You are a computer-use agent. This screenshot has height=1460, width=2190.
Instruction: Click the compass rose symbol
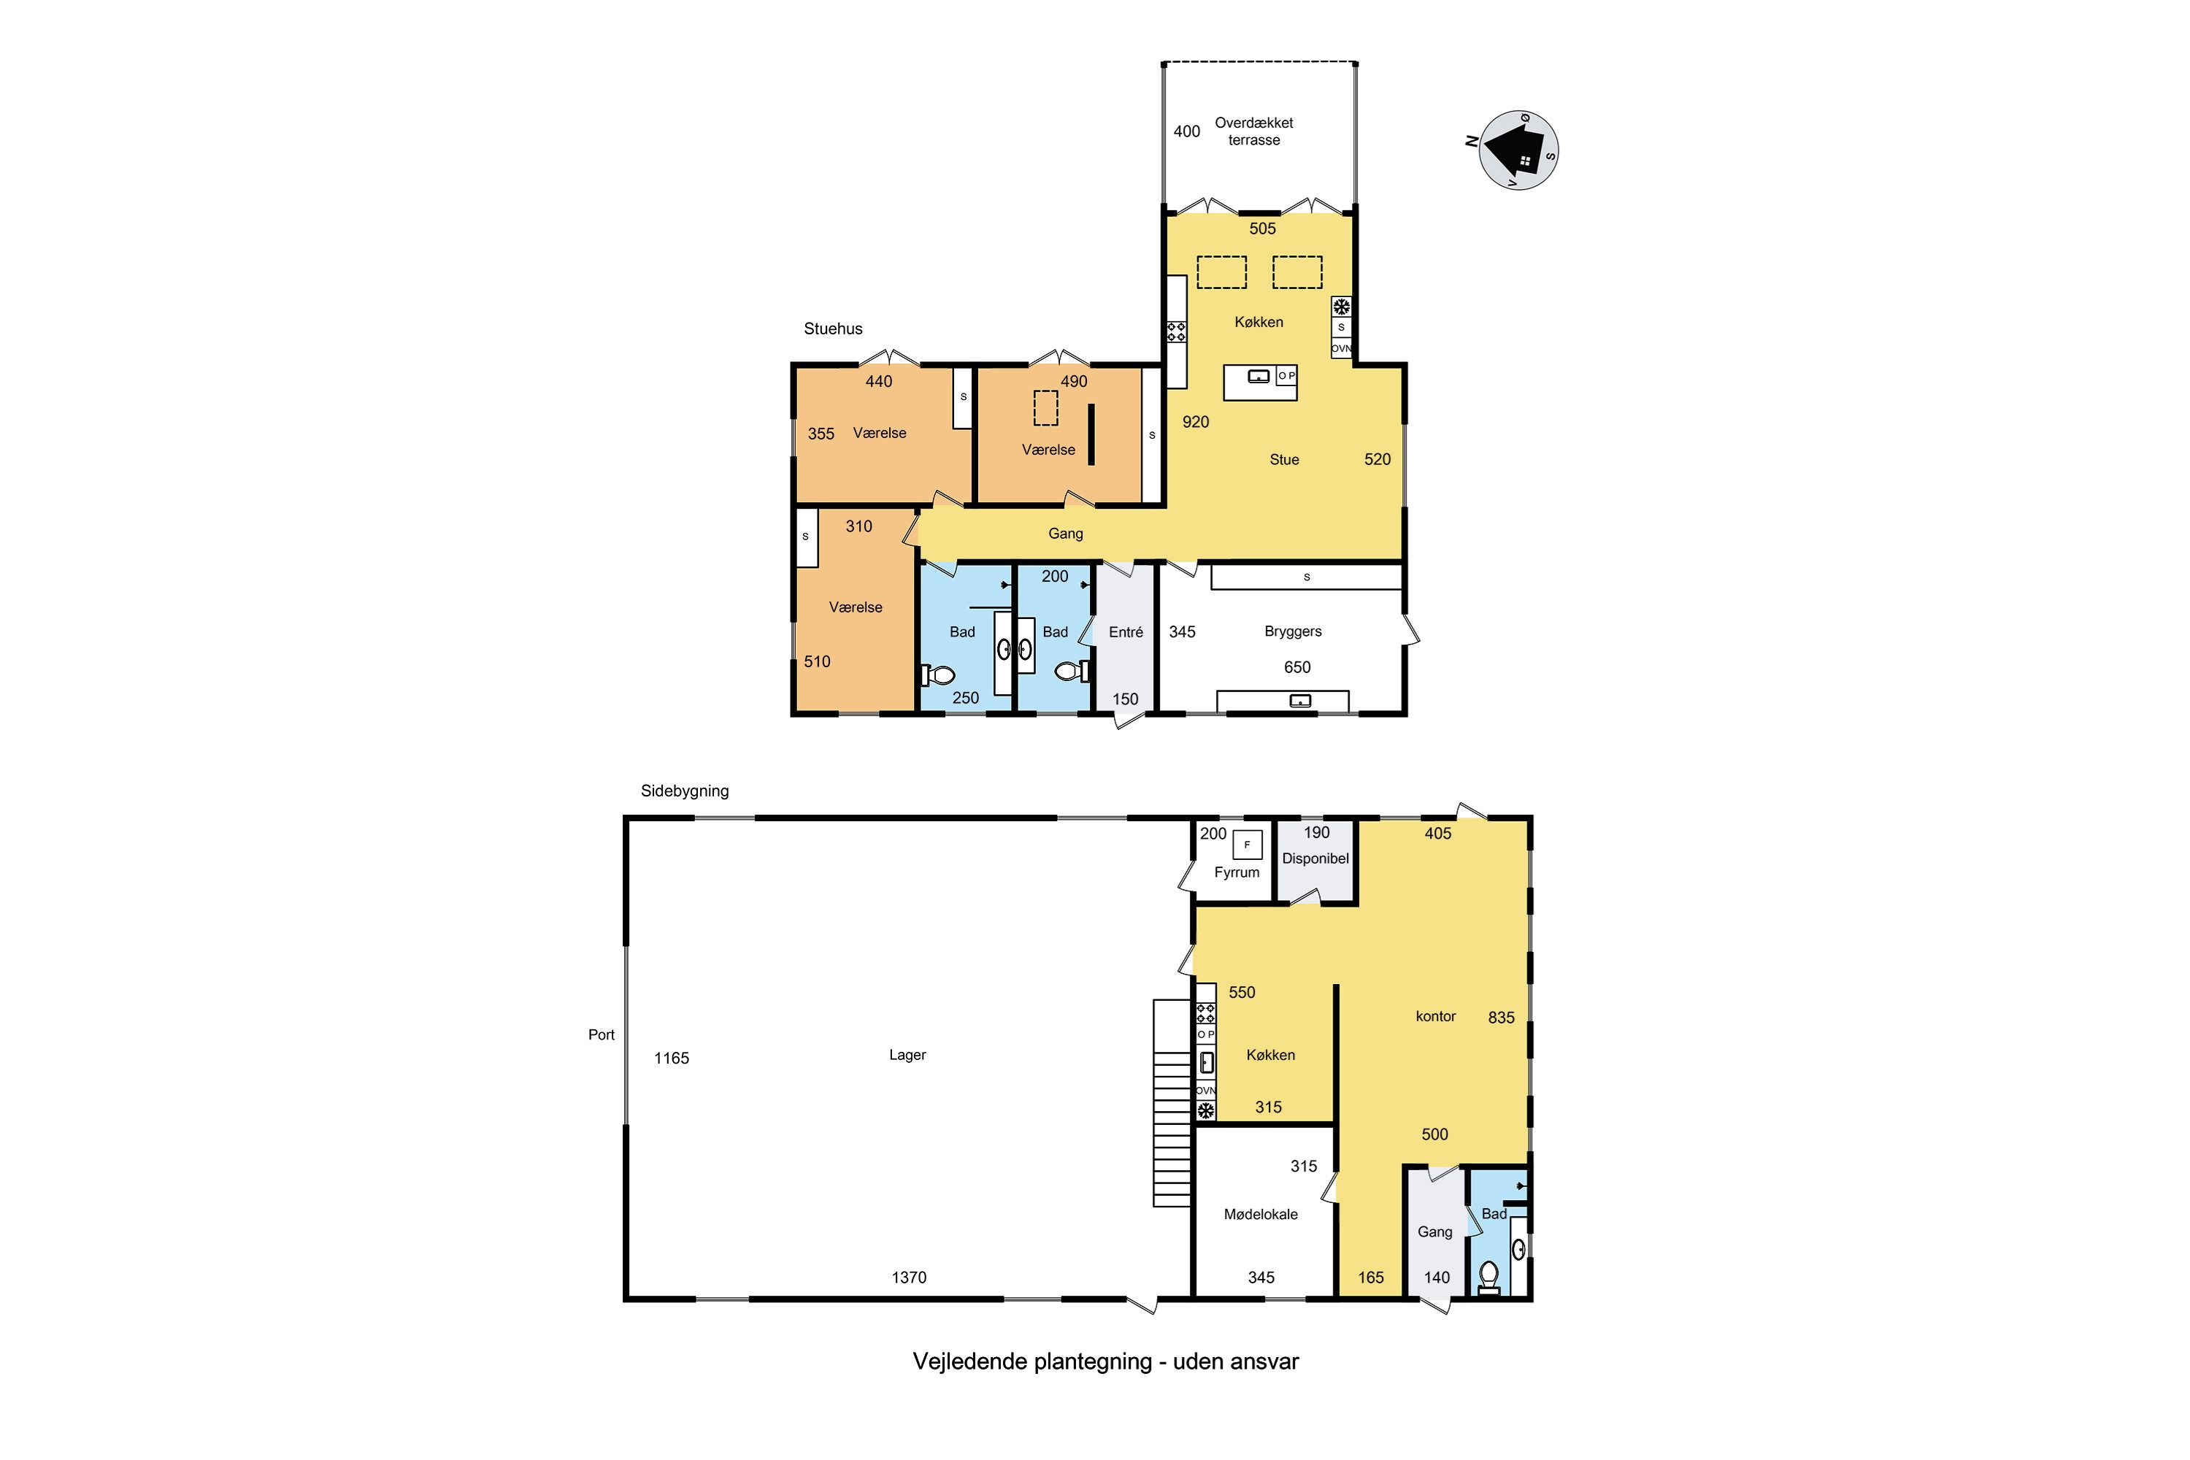(1518, 150)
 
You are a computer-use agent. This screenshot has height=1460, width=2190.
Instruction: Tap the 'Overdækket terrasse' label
(1253, 131)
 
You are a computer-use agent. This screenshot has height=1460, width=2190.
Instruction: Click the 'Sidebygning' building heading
(685, 791)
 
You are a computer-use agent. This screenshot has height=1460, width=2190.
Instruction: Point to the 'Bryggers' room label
(1292, 631)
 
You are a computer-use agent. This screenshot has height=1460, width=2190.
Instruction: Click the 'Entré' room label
(1126, 632)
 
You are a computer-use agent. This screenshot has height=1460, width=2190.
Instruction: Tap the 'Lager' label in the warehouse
(907, 1055)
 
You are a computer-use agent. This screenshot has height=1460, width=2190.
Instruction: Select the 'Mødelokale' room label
(1261, 1214)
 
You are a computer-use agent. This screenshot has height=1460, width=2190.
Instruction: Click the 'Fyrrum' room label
(1237, 872)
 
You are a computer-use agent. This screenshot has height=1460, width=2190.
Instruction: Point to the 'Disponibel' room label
(1315, 858)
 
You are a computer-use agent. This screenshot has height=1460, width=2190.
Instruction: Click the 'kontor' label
(1435, 1016)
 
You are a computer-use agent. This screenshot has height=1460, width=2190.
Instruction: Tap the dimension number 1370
(909, 1277)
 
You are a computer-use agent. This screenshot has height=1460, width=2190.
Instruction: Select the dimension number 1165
(672, 1058)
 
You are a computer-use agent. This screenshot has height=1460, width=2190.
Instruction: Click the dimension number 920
(1196, 422)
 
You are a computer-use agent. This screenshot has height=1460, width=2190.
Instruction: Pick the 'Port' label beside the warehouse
(602, 1034)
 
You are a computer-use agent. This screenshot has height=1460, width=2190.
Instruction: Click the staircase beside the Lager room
(1172, 1103)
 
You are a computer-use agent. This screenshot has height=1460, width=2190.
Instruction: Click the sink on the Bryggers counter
(1300, 700)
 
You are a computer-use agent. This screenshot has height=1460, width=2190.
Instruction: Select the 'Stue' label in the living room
(1284, 459)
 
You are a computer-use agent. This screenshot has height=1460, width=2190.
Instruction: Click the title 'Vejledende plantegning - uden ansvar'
(1105, 1361)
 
